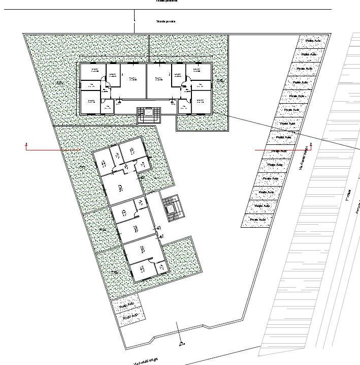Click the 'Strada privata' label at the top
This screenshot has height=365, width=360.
(166, 21)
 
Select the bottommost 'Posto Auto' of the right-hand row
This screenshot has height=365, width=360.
(257, 220)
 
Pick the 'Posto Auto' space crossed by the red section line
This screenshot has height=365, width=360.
(278, 151)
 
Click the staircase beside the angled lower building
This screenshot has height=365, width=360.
(172, 207)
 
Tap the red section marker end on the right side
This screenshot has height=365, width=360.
(311, 147)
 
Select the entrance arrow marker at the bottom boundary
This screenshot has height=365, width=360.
(180, 342)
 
